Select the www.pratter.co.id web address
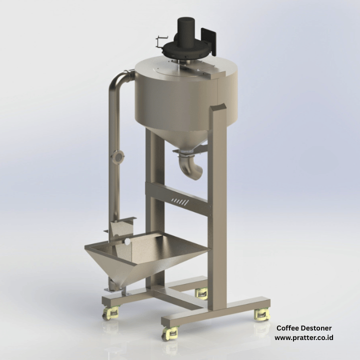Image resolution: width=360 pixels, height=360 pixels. coord(304,337)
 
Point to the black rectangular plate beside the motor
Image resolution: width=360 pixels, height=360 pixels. coord(208,41)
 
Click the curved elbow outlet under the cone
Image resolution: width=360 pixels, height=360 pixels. coord(190,165)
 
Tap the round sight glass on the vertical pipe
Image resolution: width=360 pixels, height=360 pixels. coord(117,157)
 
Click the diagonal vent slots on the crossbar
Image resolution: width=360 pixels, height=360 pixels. coord(180,202)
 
